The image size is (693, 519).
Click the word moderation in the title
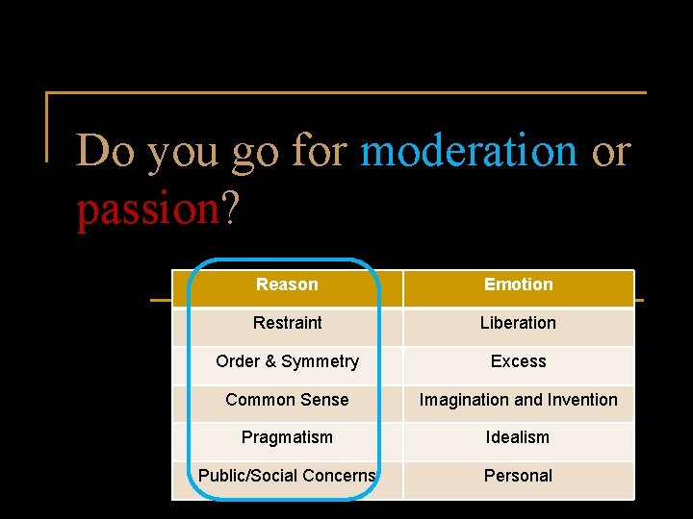pos(468,151)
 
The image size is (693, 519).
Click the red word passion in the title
pos(148,208)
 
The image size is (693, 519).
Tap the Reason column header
pos(287,284)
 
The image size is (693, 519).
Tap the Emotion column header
pos(518,284)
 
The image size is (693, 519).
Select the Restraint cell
pos(287,323)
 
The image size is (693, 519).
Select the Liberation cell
pos(518,323)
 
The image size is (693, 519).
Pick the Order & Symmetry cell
pos(287,361)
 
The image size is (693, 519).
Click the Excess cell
pos(518,361)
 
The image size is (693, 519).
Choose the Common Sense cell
pos(287,400)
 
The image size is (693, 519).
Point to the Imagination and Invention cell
pos(518,400)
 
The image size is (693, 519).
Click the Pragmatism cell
pos(287,437)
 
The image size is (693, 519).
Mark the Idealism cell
pos(518,437)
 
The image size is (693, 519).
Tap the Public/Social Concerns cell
pos(287,476)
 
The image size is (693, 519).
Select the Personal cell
pos(518,476)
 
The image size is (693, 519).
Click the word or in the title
pos(611,151)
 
